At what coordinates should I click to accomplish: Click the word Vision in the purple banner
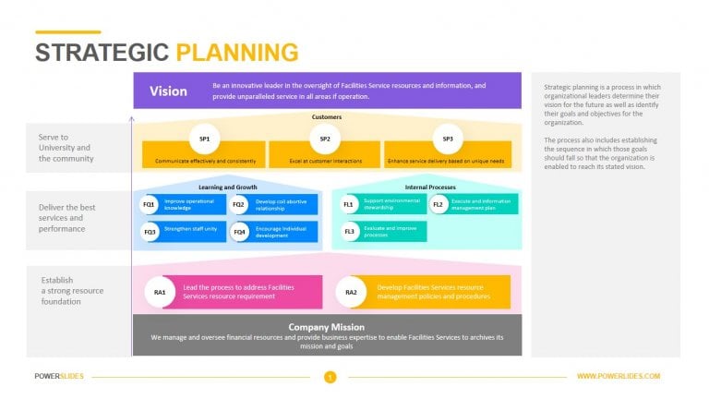point(168,91)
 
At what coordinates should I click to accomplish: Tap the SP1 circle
point(204,139)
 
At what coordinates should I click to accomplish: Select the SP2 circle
point(325,139)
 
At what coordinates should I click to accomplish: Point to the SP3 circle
point(448,139)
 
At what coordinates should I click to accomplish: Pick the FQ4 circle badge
point(240,231)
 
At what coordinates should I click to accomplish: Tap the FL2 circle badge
point(438,204)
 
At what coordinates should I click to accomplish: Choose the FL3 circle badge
point(349,231)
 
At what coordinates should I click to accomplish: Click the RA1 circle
point(160,292)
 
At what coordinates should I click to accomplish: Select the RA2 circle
point(351,292)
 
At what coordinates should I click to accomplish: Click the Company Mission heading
point(326,327)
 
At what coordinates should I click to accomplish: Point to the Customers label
point(326,117)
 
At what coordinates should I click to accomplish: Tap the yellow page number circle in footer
point(330,377)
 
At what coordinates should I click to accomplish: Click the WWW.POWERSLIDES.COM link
point(618,377)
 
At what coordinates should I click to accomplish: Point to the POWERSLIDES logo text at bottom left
point(59,377)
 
